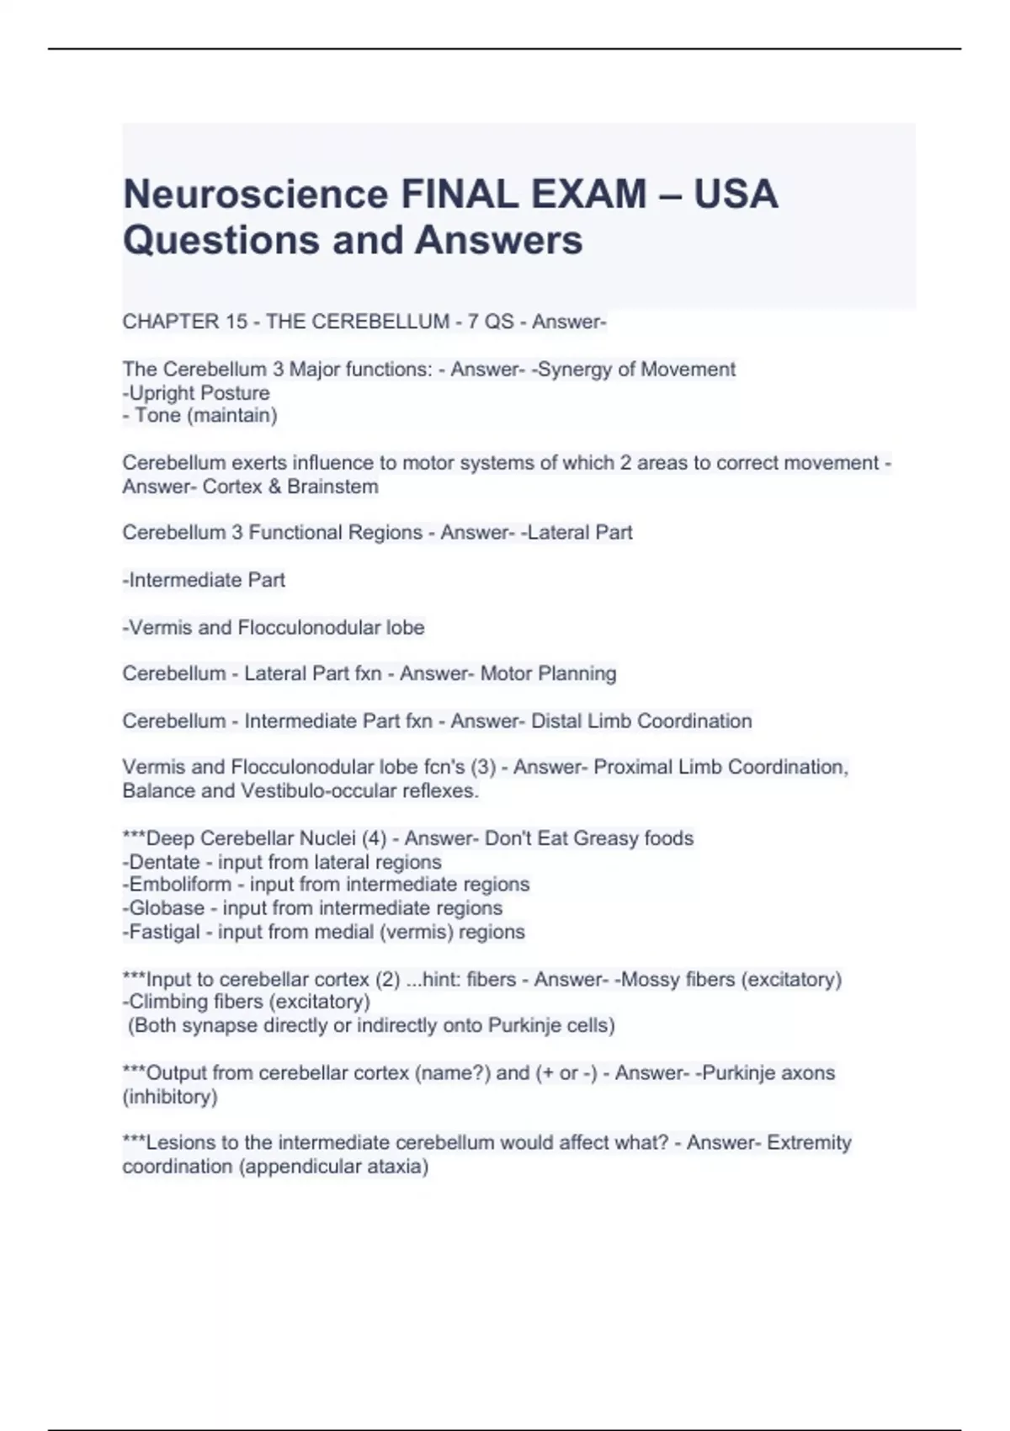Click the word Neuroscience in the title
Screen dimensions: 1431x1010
[x=254, y=194]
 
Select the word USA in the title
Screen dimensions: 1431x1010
[x=736, y=194]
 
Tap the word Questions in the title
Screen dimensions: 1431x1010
[x=221, y=240]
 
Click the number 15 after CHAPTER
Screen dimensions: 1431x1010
[x=237, y=322]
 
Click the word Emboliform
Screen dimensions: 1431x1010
[x=179, y=885]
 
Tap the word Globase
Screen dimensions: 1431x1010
[x=166, y=908]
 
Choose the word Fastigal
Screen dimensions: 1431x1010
[x=164, y=932]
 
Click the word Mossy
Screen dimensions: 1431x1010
[x=649, y=980]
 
